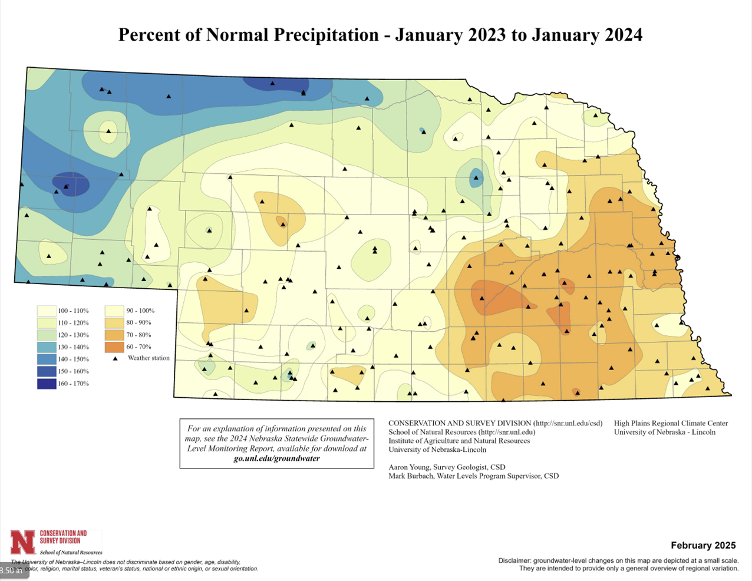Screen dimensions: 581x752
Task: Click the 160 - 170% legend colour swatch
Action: (x=46, y=384)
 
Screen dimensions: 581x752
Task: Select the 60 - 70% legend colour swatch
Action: (x=115, y=347)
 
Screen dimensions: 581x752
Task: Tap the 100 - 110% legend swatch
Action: (x=46, y=311)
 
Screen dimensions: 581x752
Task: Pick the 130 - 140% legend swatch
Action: (x=46, y=347)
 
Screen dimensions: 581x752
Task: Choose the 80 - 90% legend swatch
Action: (x=115, y=323)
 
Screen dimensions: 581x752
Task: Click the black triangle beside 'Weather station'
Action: (x=116, y=358)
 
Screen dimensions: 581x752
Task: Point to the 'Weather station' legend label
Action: (x=149, y=358)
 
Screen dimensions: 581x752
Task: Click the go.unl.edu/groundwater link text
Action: (x=276, y=458)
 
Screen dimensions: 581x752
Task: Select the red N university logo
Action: (x=23, y=542)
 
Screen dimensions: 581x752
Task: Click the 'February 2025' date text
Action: (x=703, y=545)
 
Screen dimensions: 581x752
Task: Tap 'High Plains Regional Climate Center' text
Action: (x=671, y=423)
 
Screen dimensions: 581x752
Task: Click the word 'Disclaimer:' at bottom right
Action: (x=514, y=560)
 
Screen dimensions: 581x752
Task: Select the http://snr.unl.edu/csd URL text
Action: (x=568, y=423)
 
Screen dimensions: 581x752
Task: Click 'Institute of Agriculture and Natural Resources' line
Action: (x=459, y=441)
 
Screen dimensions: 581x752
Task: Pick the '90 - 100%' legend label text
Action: (x=140, y=311)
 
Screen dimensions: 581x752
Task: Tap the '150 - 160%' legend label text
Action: (x=73, y=371)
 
